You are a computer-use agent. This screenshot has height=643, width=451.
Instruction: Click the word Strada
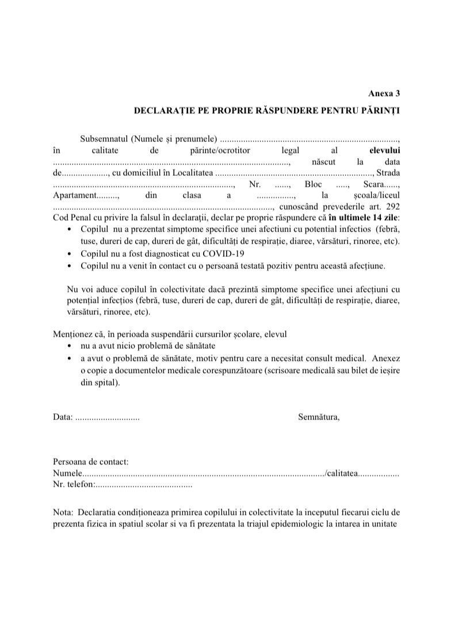pos(388,172)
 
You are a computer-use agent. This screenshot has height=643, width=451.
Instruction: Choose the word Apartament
pos(74,195)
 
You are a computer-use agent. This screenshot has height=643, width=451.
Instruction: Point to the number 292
pos(392,207)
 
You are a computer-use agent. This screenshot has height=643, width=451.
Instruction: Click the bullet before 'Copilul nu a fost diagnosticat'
pos(70,254)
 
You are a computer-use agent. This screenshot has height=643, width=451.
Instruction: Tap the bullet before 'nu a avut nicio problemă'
pos(70,346)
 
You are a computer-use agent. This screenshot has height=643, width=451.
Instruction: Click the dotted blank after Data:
pos(107,417)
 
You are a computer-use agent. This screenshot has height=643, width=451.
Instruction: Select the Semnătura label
pos(319,417)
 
